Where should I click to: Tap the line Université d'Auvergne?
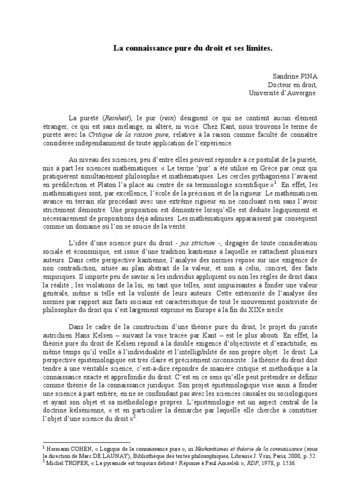pos(283,93)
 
